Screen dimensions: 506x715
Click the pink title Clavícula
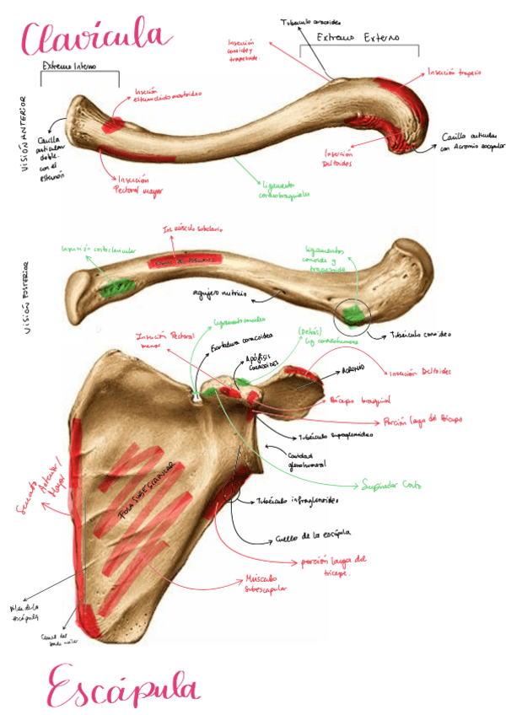click(97, 37)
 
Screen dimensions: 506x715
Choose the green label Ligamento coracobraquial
click(281, 189)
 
